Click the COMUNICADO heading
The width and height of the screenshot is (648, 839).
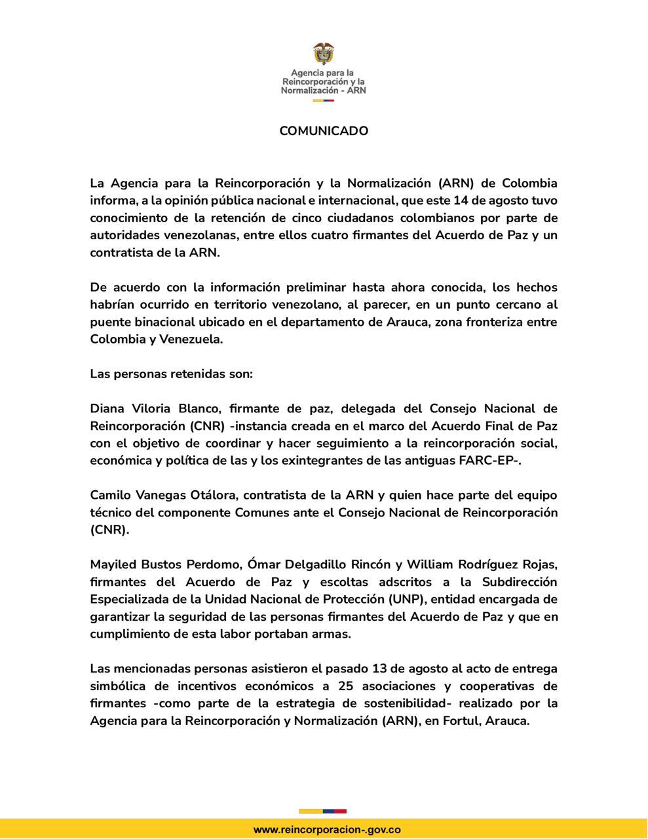(324, 130)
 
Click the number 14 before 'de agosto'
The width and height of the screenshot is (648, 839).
(462, 200)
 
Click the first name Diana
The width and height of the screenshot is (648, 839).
(107, 408)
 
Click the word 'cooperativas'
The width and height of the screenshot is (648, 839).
(516, 686)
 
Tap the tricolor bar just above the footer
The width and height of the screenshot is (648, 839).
(323, 811)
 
